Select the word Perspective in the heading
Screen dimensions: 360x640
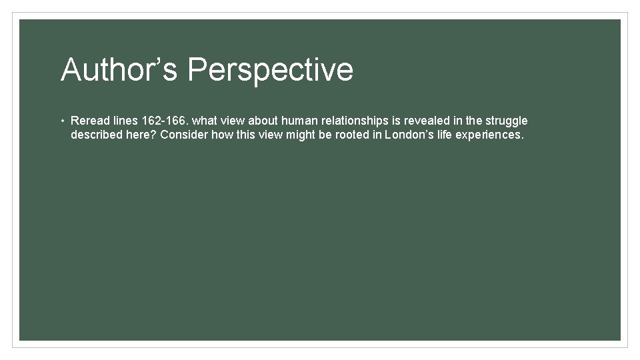click(x=270, y=70)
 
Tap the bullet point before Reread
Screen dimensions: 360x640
click(x=61, y=121)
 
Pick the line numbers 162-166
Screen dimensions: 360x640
click(x=165, y=121)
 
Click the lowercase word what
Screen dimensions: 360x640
click(x=205, y=121)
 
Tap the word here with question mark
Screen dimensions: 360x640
click(x=140, y=135)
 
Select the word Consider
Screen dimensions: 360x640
click(x=183, y=135)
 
